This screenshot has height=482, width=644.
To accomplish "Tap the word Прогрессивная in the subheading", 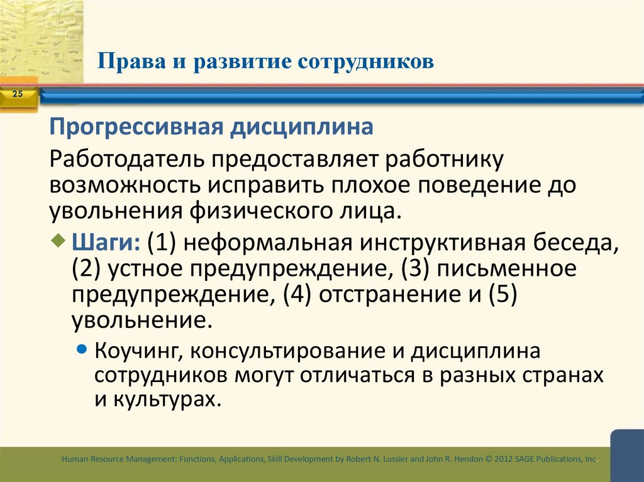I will [x=136, y=128].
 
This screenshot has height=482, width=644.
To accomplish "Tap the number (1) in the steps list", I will [x=162, y=243].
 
